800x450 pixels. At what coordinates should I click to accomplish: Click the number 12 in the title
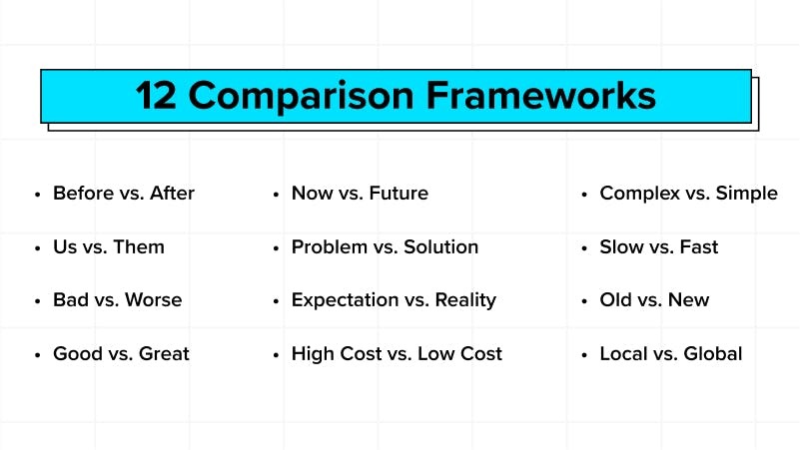pyautogui.click(x=156, y=96)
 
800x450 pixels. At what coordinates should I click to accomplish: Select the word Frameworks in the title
pyautogui.click(x=540, y=96)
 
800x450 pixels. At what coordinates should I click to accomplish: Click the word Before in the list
pyautogui.click(x=84, y=194)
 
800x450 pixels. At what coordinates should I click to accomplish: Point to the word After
pyautogui.click(x=172, y=194)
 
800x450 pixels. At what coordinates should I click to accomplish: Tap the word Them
pyautogui.click(x=139, y=246)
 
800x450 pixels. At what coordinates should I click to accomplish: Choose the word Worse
pyautogui.click(x=154, y=299)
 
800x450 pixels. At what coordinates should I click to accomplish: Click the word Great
pyautogui.click(x=164, y=353)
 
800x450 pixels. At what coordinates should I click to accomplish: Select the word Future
pyautogui.click(x=399, y=194)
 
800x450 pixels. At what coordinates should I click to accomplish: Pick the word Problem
pyautogui.click(x=330, y=246)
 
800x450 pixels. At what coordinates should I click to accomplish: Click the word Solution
pyautogui.click(x=440, y=246)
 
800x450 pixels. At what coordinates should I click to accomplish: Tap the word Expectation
pyautogui.click(x=345, y=300)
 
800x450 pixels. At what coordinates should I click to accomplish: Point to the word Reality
pyautogui.click(x=465, y=300)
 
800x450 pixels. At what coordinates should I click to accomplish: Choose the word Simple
pyautogui.click(x=746, y=194)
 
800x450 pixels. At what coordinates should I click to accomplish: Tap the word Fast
pyautogui.click(x=699, y=246)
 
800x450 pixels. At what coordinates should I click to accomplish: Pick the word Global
pyautogui.click(x=713, y=353)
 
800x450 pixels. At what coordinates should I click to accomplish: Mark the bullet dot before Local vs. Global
pyautogui.click(x=584, y=354)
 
